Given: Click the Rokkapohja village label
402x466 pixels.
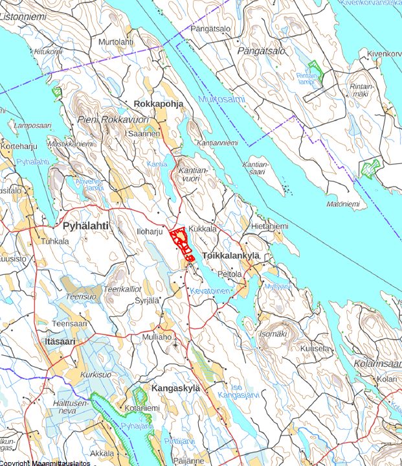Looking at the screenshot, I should [158, 104].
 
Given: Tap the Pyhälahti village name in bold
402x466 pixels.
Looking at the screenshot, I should [85, 226].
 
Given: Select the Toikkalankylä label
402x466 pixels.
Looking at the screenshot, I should [231, 256].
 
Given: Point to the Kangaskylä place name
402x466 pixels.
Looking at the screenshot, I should [175, 388].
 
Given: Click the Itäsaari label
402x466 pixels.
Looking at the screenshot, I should [61, 341].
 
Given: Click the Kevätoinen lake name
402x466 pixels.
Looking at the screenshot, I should [209, 291].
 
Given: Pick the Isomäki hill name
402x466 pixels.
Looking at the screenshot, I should [273, 334].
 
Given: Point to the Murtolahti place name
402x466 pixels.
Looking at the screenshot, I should [116, 42].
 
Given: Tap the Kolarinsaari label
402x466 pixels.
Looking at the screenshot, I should [378, 364].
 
